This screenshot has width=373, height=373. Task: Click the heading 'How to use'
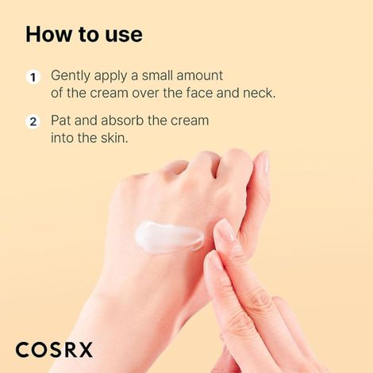(x=83, y=34)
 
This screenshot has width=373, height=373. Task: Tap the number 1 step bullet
(x=33, y=77)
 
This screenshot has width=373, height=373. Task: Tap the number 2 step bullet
(x=33, y=122)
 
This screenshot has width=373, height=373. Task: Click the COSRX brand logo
(x=54, y=348)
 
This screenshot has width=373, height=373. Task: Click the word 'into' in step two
(x=63, y=137)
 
